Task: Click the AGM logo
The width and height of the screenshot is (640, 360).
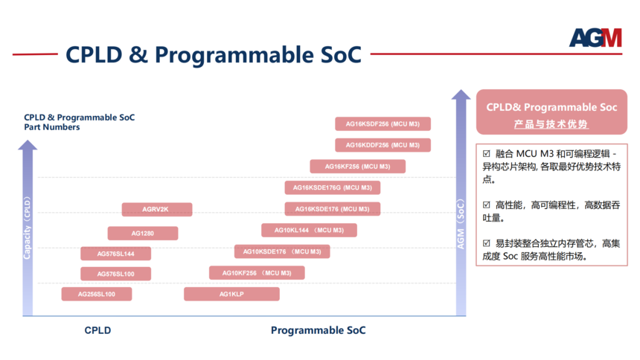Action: (x=595, y=38)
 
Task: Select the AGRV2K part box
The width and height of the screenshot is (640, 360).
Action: (x=157, y=210)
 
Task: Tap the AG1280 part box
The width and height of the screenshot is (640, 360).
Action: (x=142, y=233)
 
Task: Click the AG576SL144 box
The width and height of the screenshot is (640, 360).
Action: (x=115, y=254)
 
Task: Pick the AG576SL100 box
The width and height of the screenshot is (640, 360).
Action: (x=115, y=274)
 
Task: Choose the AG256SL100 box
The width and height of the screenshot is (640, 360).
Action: (x=96, y=294)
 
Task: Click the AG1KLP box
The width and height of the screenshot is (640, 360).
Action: (x=231, y=294)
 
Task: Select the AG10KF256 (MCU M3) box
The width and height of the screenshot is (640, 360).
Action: (x=257, y=273)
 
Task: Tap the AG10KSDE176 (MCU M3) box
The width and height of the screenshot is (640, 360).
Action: (x=282, y=251)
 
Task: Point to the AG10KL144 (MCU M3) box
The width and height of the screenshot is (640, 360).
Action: (x=309, y=230)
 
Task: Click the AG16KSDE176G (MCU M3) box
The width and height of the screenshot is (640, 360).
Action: (x=333, y=187)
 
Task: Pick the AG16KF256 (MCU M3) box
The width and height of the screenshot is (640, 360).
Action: (x=357, y=166)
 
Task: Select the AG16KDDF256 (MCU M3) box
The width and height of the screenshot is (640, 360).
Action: (x=383, y=145)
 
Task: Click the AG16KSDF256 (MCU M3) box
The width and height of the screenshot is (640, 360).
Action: (x=383, y=123)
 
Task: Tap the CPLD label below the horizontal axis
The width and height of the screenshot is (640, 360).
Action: (x=97, y=330)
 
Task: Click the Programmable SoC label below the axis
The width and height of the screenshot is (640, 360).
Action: (x=319, y=330)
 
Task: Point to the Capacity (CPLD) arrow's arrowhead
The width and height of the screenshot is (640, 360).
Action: (x=28, y=145)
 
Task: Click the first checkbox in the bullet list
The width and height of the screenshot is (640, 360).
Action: (x=486, y=154)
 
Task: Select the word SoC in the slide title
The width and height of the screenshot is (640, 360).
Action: (x=342, y=55)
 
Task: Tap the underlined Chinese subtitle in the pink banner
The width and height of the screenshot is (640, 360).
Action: (x=551, y=123)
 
